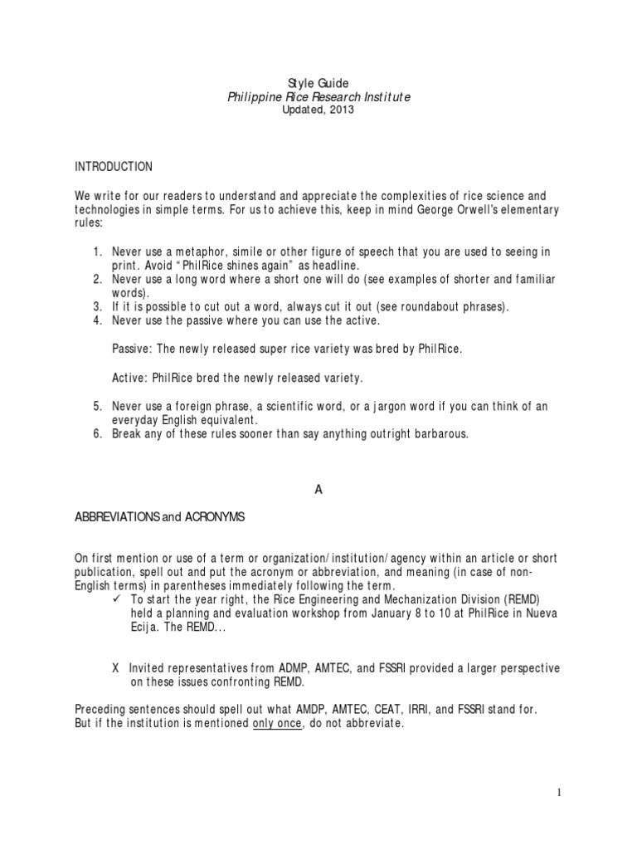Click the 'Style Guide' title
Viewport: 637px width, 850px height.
[x=318, y=83]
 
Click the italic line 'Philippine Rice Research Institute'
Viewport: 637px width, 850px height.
[x=318, y=97]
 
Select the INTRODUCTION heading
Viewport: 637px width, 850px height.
[x=114, y=167]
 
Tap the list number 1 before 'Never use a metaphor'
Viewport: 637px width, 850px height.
[x=96, y=252]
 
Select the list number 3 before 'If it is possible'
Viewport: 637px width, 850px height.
[x=96, y=306]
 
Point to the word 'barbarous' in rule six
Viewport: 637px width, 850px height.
[x=439, y=433]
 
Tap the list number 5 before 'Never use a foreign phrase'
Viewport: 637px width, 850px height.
[x=96, y=406]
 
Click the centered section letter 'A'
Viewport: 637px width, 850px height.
[x=318, y=490]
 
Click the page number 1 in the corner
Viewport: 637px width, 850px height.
[x=559, y=793]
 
